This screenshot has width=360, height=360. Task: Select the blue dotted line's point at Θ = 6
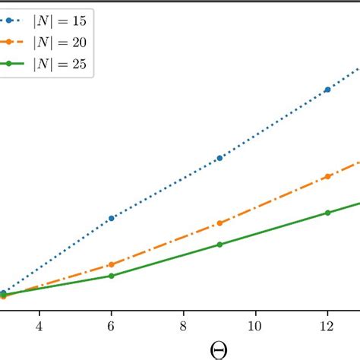(x=112, y=218)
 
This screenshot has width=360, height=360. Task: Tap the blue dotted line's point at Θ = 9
(x=219, y=158)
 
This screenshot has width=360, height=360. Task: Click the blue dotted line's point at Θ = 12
(x=328, y=90)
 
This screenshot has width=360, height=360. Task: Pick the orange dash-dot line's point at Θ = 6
(x=112, y=264)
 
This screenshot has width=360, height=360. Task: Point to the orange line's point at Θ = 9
(x=219, y=223)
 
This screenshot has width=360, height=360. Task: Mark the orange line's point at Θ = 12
(x=328, y=176)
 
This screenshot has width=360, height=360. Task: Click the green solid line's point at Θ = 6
(x=112, y=276)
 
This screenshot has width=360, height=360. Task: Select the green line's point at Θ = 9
(x=219, y=245)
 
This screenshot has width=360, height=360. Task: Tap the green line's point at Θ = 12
(x=328, y=213)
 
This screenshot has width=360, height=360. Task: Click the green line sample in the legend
(x=18, y=65)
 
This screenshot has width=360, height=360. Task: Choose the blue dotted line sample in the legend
(x=18, y=24)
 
